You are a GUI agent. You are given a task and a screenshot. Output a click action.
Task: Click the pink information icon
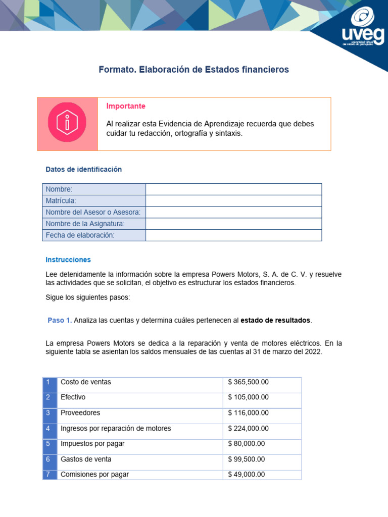coord(67,124)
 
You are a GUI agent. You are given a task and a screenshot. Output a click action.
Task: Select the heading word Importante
coord(126,106)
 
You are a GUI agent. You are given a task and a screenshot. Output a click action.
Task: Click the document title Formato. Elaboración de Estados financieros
coord(193,70)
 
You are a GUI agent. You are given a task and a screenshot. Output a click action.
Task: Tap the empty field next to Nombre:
coord(233,189)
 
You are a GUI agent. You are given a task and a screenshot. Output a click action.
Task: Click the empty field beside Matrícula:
coord(233,201)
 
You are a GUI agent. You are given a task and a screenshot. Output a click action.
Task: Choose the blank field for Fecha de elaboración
coord(233,235)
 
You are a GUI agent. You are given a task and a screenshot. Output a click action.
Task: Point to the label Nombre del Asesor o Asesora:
coord(93,212)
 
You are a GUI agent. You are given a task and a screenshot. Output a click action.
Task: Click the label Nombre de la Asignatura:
coord(85,224)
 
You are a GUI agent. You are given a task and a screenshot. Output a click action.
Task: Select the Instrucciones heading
coord(68,260)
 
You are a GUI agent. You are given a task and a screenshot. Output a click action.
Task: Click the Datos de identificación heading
coord(83,170)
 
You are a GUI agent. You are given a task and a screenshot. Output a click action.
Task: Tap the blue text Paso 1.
coord(60,321)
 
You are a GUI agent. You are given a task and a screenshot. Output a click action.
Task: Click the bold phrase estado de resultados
coord(275,321)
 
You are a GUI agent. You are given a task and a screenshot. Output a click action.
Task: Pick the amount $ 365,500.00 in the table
coord(248,382)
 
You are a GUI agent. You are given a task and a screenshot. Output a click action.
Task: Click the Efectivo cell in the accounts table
coord(73,397)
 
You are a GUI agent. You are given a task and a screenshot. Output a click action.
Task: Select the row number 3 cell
coord(48,413)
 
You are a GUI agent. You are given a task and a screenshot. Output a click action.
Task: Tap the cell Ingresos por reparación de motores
coord(116,429)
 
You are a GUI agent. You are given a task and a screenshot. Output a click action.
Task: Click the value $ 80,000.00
coord(246,444)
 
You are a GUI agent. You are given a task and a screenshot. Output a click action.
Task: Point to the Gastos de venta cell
coord(86,459)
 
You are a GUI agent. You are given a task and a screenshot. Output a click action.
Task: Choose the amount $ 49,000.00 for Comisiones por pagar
coord(246,475)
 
